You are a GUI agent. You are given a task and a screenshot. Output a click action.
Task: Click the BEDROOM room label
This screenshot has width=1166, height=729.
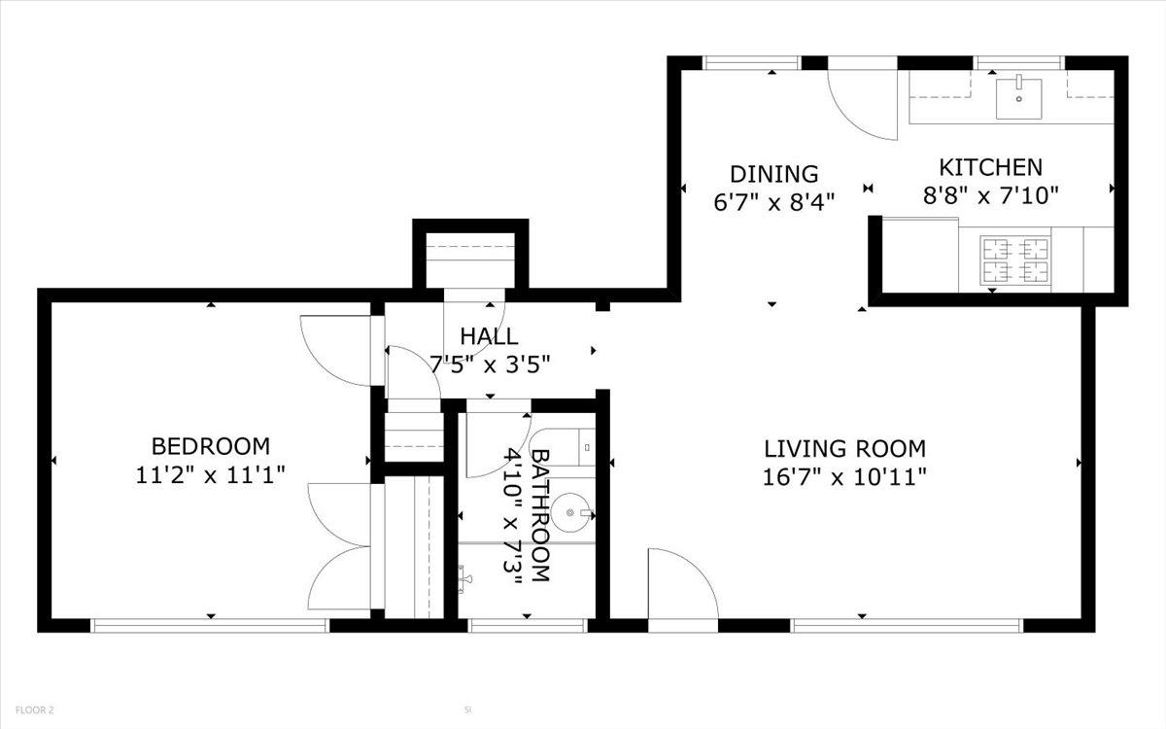(x=210, y=446)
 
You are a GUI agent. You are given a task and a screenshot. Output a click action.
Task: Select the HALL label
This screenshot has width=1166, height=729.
(x=489, y=336)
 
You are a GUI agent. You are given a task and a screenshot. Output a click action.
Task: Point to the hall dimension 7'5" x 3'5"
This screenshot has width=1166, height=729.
(x=490, y=364)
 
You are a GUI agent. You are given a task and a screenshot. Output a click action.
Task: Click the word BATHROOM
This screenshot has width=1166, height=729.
(x=541, y=515)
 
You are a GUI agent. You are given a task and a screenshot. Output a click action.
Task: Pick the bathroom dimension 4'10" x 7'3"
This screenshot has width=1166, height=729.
(x=513, y=515)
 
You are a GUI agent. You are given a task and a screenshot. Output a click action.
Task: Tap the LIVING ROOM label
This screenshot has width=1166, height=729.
(x=843, y=448)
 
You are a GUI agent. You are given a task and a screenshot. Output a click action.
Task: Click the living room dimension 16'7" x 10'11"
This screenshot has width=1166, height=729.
(x=843, y=476)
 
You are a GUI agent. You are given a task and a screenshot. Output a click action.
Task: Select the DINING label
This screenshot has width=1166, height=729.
(x=774, y=174)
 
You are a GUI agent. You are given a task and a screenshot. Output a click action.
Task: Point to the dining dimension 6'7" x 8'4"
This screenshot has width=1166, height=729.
(x=774, y=201)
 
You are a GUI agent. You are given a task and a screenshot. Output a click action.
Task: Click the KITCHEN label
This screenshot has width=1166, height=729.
(x=989, y=167)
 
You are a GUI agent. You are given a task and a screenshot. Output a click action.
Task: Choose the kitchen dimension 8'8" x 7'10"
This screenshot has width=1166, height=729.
(x=989, y=195)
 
